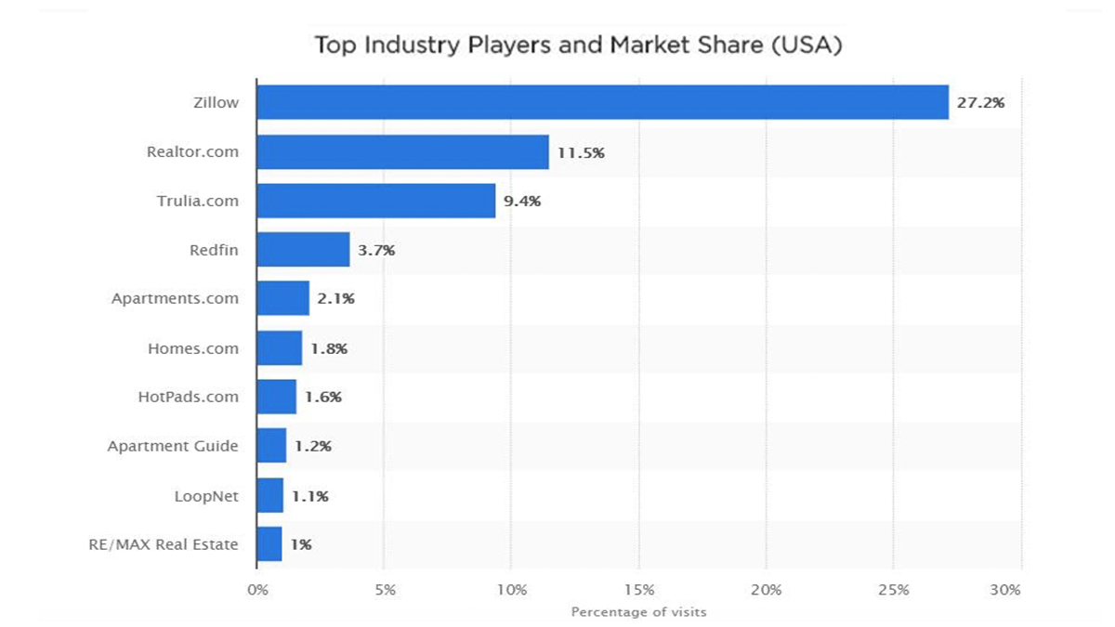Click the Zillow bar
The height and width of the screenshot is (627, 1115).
click(602, 102)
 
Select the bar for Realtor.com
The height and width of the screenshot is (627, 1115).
click(402, 151)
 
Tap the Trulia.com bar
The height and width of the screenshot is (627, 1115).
click(375, 201)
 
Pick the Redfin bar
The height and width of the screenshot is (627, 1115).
click(303, 249)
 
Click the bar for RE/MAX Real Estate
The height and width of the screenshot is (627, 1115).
click(269, 544)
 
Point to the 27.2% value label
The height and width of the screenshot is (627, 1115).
click(981, 102)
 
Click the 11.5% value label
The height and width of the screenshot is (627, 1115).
click(581, 151)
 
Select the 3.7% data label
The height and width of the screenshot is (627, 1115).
click(375, 250)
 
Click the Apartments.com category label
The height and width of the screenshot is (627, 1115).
click(175, 299)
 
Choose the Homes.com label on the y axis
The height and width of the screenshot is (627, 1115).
click(193, 348)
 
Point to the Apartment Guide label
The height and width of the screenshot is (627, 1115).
click(173, 446)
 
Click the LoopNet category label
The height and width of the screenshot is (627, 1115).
click(206, 496)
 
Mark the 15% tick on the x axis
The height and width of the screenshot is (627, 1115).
click(639, 589)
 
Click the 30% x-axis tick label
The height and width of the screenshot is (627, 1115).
click(1005, 589)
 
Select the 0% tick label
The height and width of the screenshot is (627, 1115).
click(258, 589)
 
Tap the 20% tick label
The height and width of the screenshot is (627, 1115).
click(766, 589)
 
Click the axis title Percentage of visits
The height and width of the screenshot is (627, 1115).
click(638, 611)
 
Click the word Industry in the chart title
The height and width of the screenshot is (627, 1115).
click(403, 45)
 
